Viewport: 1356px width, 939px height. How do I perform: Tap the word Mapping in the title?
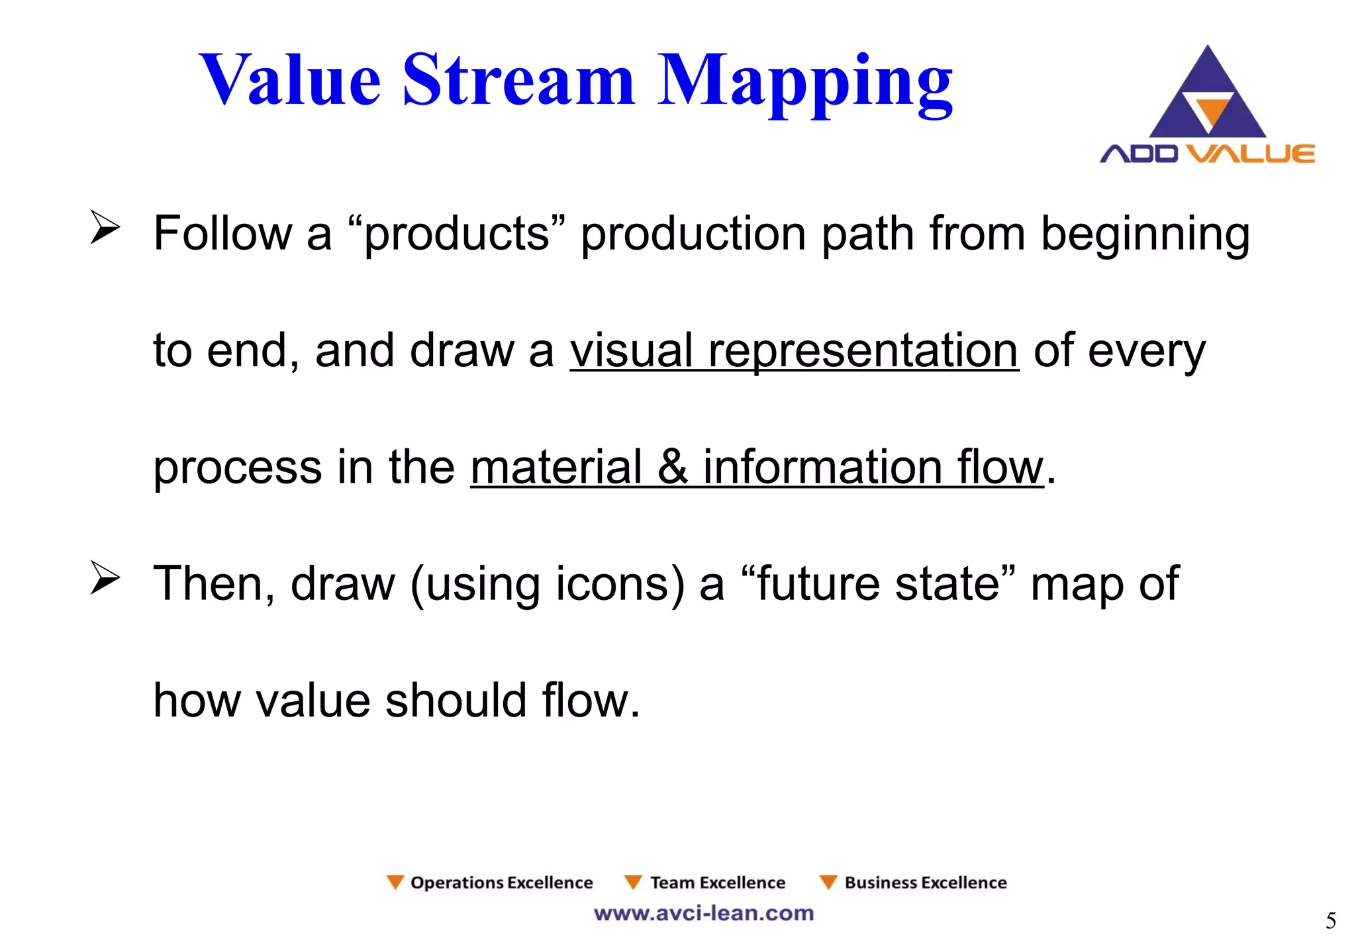pyautogui.click(x=804, y=83)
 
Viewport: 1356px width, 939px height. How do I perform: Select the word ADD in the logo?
pyautogui.click(x=1139, y=154)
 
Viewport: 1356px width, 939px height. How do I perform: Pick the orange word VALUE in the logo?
pyautogui.click(x=1250, y=154)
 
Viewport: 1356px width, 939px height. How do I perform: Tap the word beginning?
pyautogui.click(x=1145, y=235)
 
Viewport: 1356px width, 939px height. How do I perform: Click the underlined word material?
pyautogui.click(x=556, y=468)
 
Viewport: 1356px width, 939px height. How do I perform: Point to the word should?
pyautogui.click(x=456, y=701)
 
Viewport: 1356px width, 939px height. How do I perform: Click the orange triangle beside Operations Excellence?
pyautogui.click(x=395, y=882)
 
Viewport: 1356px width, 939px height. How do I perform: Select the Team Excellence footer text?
pyautogui.click(x=717, y=883)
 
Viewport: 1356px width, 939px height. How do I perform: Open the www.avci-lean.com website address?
pyautogui.click(x=703, y=913)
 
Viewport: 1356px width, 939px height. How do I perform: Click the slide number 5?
pyautogui.click(x=1330, y=920)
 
